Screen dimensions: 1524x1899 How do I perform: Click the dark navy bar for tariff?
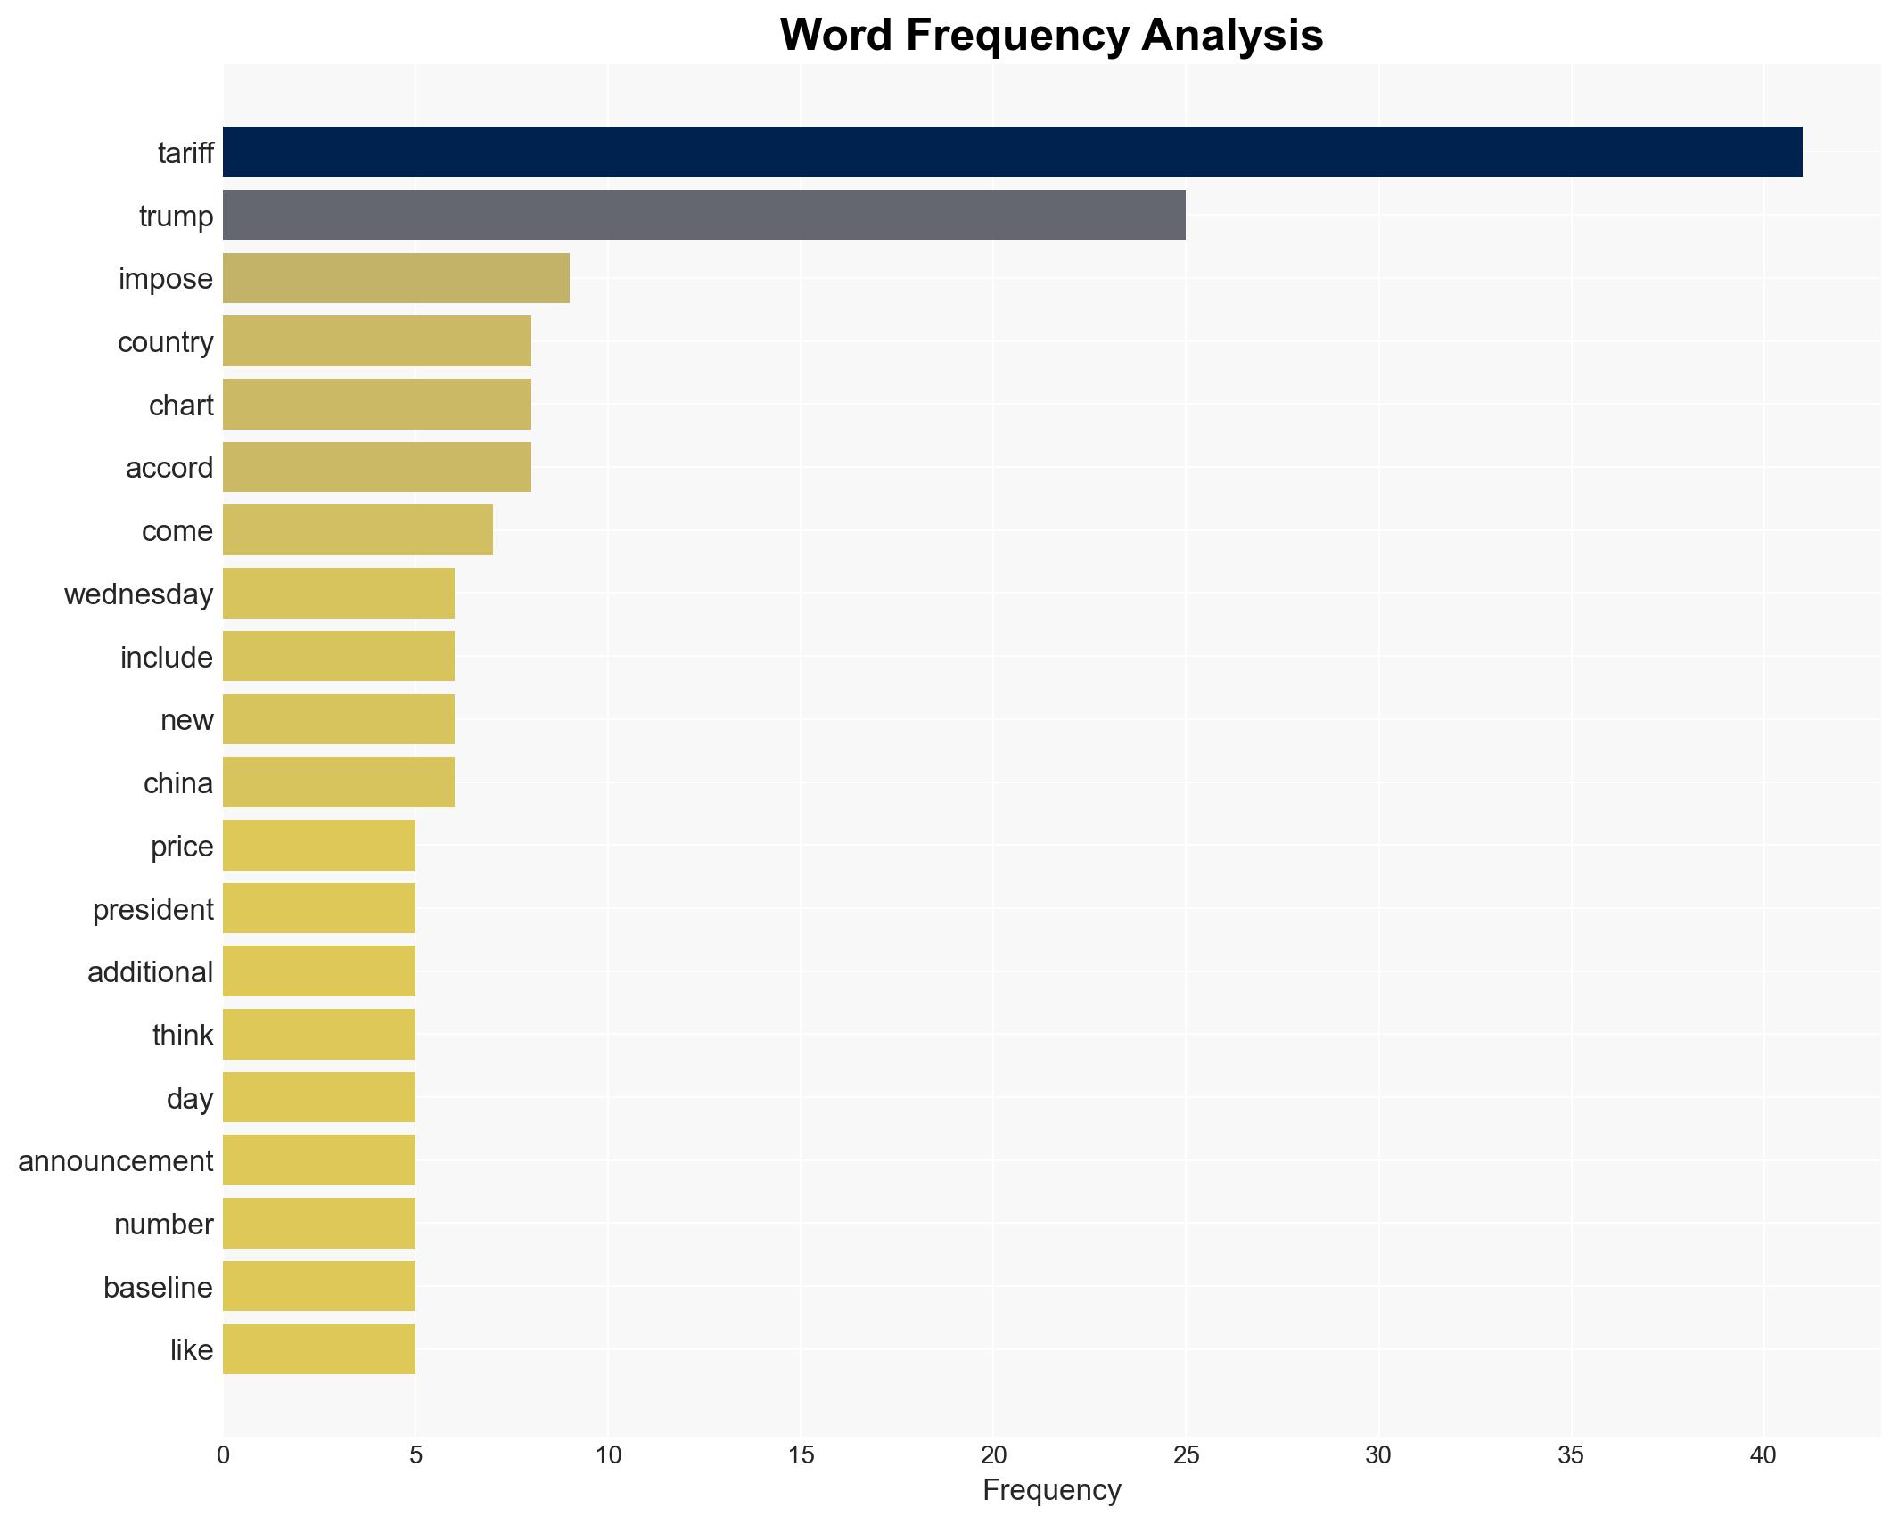(1012, 152)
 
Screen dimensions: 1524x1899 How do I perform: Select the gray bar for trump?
(703, 215)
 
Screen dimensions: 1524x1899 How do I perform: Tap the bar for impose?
(396, 278)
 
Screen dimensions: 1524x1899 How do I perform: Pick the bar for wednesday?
(338, 594)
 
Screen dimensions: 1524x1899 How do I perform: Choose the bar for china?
(338, 782)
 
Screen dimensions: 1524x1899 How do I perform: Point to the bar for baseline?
(318, 1286)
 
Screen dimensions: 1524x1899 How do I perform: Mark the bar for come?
(358, 530)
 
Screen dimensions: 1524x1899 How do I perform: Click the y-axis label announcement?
(116, 1161)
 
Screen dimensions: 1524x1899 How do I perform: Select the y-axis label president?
(153, 910)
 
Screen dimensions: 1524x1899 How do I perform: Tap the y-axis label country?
(166, 342)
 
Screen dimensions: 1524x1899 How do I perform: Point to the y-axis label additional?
(150, 972)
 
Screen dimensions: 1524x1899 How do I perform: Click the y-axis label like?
(192, 1350)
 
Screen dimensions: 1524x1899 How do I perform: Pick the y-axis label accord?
(169, 468)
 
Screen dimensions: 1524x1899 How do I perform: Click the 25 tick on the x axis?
(1186, 1455)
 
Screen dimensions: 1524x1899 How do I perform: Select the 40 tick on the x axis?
(1763, 1455)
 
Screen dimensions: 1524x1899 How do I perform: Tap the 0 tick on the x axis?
(223, 1455)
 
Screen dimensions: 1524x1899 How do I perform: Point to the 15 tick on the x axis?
(801, 1455)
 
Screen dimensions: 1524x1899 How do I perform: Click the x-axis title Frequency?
(1051, 1490)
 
